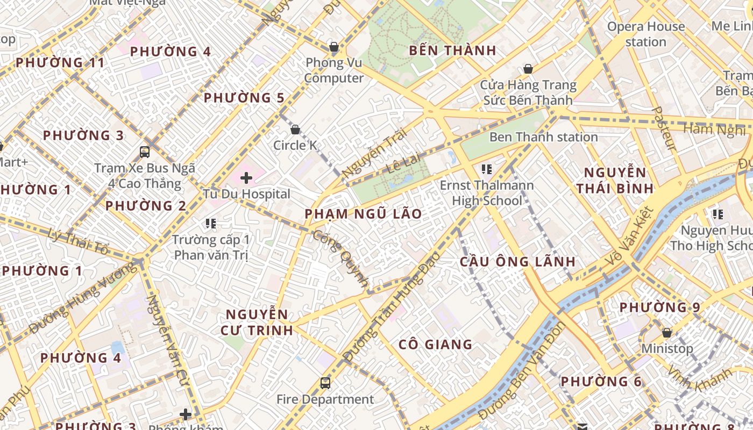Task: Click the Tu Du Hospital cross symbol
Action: (x=246, y=177)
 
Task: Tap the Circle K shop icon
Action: (x=295, y=130)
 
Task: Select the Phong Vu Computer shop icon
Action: (x=334, y=47)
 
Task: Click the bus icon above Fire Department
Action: (x=325, y=383)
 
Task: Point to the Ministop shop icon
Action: (x=667, y=333)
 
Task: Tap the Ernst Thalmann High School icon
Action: (x=487, y=169)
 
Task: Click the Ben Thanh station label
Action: (x=543, y=137)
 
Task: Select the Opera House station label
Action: (x=646, y=34)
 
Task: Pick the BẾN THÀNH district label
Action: (x=452, y=51)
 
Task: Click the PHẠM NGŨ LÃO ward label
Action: (x=364, y=214)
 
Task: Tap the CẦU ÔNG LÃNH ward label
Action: (x=517, y=262)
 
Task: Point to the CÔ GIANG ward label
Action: (x=436, y=345)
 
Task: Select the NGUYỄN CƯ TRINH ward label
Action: (x=257, y=322)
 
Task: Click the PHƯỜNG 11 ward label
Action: (x=60, y=63)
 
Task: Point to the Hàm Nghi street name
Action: (x=714, y=130)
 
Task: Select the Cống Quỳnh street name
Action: (x=341, y=258)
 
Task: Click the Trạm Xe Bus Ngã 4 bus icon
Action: (x=144, y=152)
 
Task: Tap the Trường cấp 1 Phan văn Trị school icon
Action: (x=211, y=223)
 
